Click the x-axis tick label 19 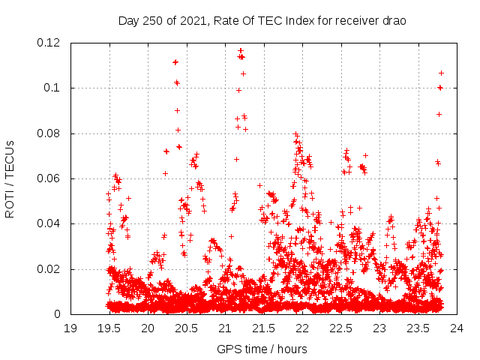click(x=70, y=328)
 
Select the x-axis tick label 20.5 click(x=186, y=328)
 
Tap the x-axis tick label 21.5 click(x=263, y=328)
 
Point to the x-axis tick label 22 click(x=302, y=328)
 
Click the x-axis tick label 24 click(x=457, y=328)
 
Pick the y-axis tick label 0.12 click(x=49, y=43)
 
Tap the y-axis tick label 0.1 click(x=52, y=88)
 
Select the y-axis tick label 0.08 click(x=49, y=133)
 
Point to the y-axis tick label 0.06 click(x=49, y=178)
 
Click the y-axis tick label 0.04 click(x=49, y=223)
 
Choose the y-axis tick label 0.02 click(x=49, y=269)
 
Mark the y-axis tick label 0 click(x=58, y=314)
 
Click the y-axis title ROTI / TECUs click(x=10, y=178)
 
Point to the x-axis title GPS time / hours click(x=262, y=349)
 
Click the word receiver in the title click(x=355, y=20)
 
